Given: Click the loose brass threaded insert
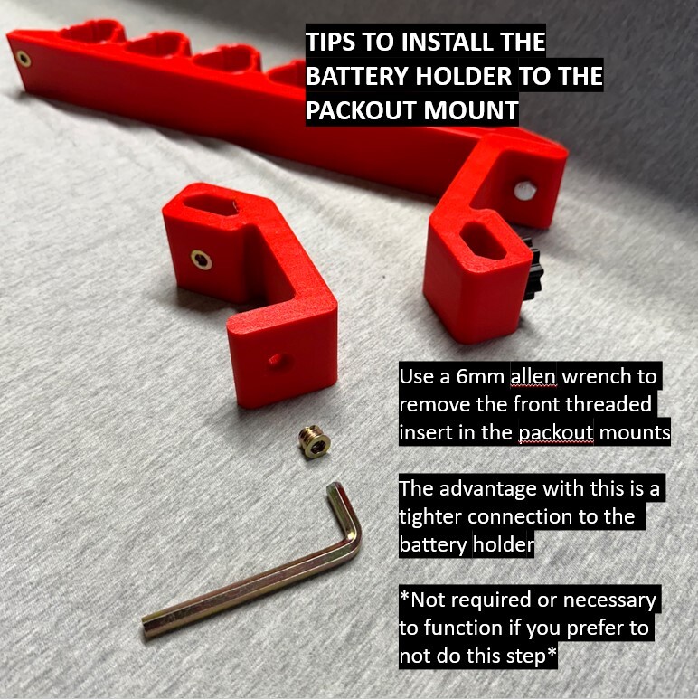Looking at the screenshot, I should coord(315,442).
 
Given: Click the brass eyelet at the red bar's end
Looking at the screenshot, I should coord(23,59).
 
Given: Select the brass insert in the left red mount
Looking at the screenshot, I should coord(201,260).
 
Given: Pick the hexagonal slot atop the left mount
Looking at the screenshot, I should coord(209,206).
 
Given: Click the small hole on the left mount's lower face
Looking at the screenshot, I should coord(277,360).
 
